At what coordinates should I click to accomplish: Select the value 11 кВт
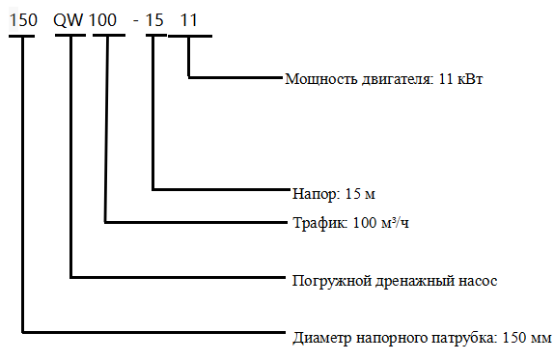[x=459, y=79]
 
